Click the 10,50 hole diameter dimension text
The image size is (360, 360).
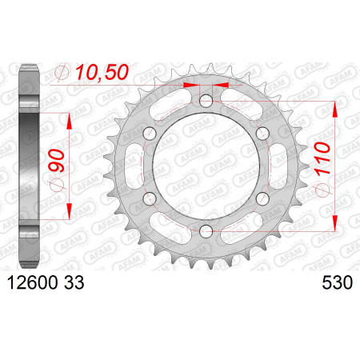click(x=102, y=72)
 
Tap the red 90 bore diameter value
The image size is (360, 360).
click(x=56, y=160)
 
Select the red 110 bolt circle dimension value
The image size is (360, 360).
click(x=322, y=158)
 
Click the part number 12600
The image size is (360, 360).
click(x=33, y=282)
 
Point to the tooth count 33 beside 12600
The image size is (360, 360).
click(x=74, y=282)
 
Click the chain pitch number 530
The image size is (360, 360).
click(x=338, y=282)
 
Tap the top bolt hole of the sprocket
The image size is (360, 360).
click(x=206, y=101)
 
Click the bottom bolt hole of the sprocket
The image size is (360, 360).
click(x=206, y=231)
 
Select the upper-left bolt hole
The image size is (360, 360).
click(x=150, y=134)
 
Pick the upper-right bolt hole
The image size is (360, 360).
click(x=262, y=134)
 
